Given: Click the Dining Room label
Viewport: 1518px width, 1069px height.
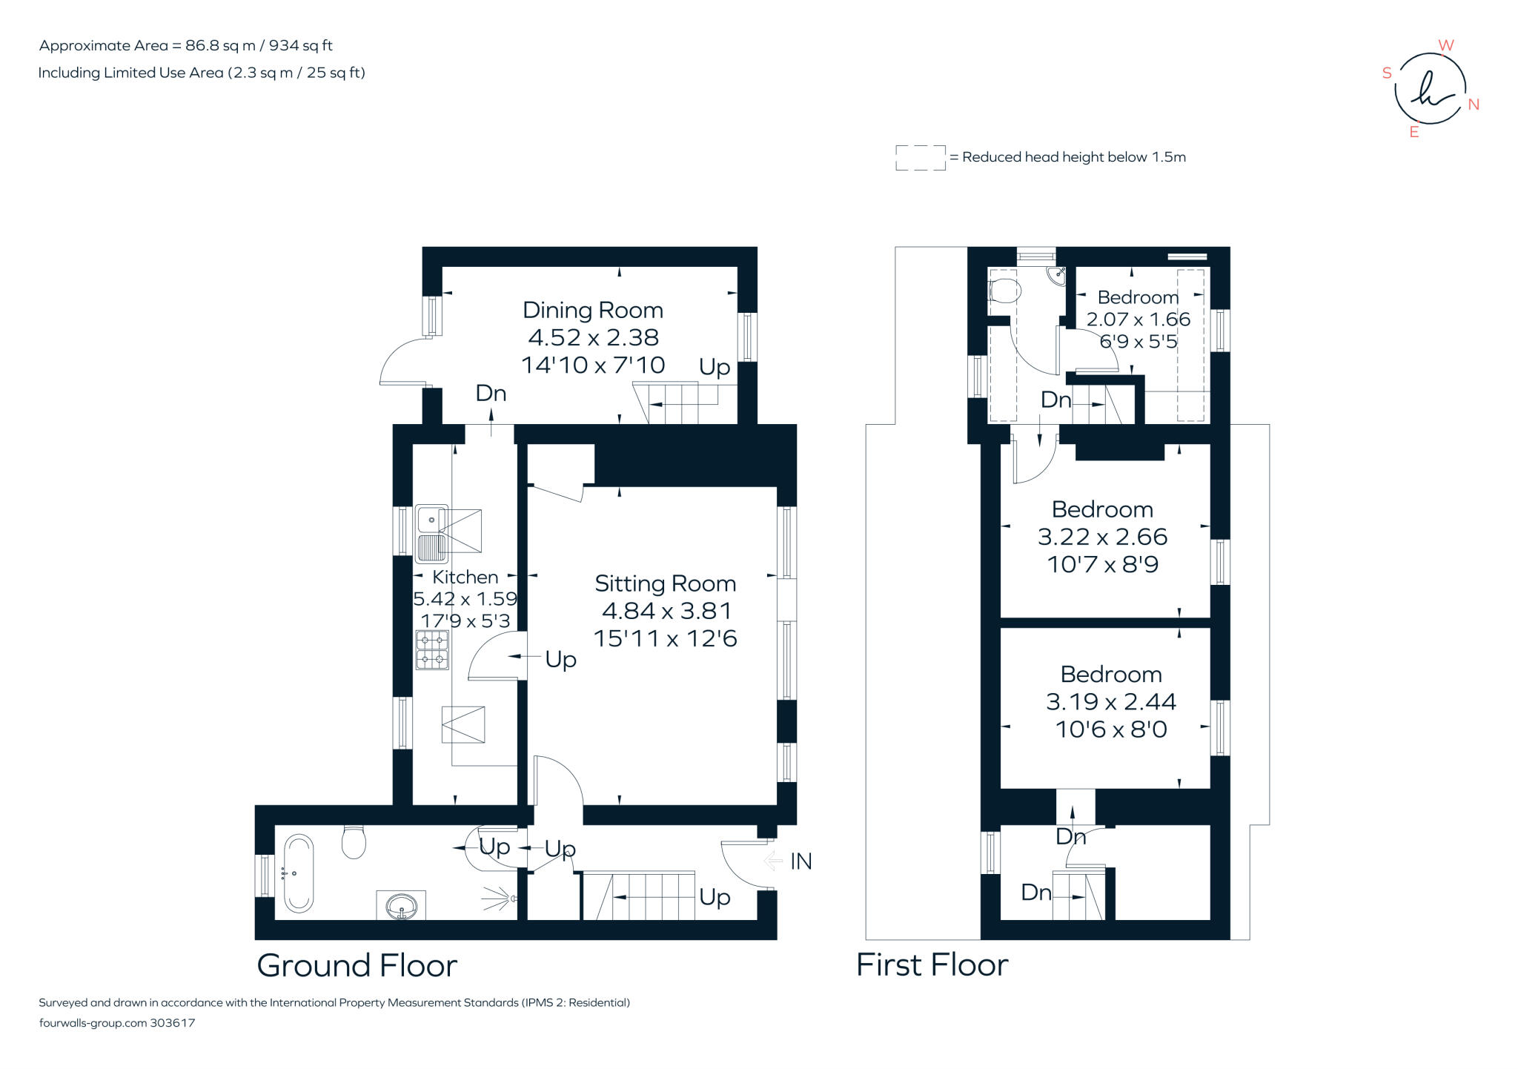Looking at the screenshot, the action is click(593, 311).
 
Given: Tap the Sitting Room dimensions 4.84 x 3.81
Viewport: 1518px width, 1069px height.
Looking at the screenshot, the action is click(666, 611).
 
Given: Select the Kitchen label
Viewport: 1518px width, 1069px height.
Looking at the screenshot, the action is click(465, 577).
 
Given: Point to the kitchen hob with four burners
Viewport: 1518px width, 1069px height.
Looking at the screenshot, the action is click(432, 649).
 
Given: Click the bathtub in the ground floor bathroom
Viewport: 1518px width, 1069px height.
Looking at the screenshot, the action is click(299, 873).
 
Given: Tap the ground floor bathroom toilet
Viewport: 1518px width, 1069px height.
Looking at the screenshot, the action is click(354, 841).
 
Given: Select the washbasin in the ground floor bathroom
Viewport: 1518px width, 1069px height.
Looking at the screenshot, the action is click(401, 905).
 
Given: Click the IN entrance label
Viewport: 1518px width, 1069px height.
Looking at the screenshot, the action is click(801, 861).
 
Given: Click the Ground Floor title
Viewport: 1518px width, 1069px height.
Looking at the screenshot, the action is click(357, 965).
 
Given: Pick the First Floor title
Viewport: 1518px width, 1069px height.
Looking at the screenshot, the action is click(932, 965).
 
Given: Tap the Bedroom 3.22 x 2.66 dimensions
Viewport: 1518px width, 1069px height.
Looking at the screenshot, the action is click(1102, 537).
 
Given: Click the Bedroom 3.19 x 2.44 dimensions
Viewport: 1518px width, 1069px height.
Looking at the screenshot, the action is click(1111, 701).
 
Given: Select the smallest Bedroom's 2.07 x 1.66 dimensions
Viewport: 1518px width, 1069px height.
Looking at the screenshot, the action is click(1138, 320).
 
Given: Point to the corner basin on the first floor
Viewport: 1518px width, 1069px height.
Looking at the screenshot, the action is click(1057, 276).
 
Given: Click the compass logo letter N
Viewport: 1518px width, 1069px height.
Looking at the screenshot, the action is click(1474, 105).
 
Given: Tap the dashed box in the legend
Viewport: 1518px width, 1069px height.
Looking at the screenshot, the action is click(921, 158).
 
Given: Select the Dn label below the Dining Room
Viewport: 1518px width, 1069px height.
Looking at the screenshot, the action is click(491, 393).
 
